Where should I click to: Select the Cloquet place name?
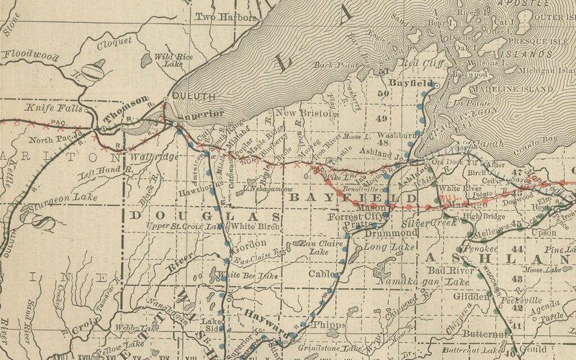[116, 42]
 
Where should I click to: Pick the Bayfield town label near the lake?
[408, 83]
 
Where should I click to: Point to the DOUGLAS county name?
[204, 215]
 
